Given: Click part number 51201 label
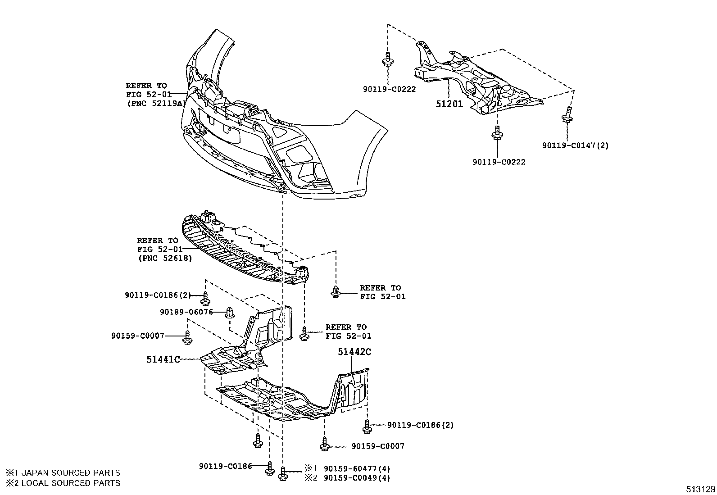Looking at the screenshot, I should (x=449, y=104).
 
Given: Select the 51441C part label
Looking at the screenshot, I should (x=163, y=359).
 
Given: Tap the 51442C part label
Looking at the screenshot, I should (x=354, y=352).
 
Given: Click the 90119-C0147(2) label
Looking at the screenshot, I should (x=575, y=145).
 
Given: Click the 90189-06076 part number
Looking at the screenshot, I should (x=186, y=312).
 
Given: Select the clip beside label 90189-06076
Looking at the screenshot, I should (x=229, y=312).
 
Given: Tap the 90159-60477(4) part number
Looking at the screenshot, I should (x=357, y=468).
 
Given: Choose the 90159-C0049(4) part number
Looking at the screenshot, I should (x=357, y=478).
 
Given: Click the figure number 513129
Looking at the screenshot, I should (x=700, y=489).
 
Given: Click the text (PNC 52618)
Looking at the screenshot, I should (x=164, y=258).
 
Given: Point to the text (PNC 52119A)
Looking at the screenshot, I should (x=155, y=103).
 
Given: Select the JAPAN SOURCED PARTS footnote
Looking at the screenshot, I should (x=63, y=472).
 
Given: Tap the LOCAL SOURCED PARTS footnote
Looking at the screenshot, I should (x=63, y=483).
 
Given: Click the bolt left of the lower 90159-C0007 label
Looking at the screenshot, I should (x=324, y=444).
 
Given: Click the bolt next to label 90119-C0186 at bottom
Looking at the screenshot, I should (x=269, y=469).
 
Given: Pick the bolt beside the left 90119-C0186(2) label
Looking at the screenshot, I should (x=206, y=298).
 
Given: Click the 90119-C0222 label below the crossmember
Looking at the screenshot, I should (x=499, y=162).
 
